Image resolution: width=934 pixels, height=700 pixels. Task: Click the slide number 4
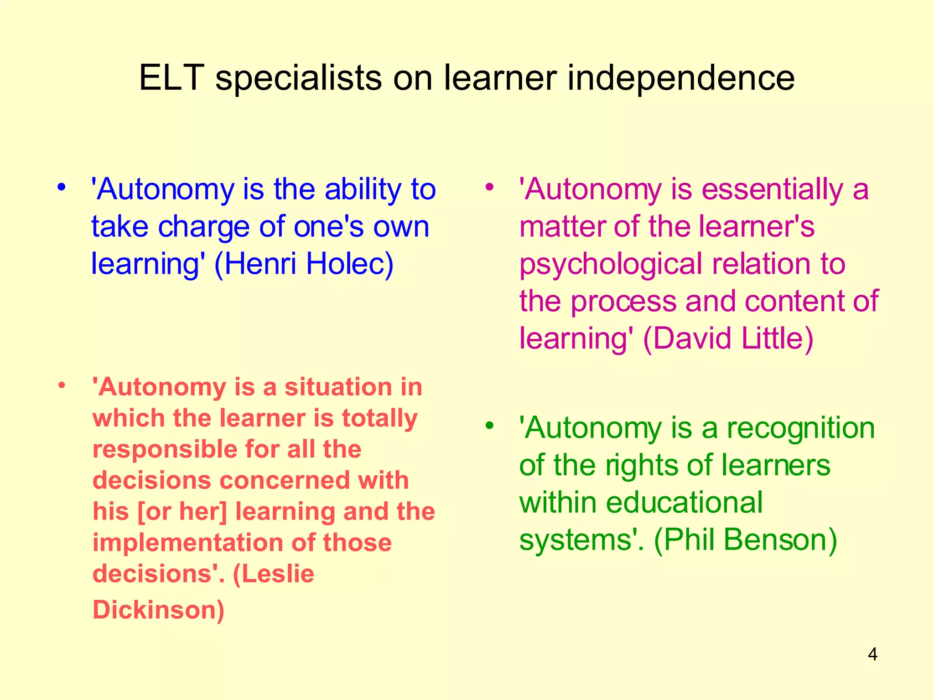click(x=872, y=654)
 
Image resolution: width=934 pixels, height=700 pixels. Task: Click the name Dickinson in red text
click(x=158, y=610)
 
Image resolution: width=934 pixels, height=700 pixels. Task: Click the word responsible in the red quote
click(x=165, y=449)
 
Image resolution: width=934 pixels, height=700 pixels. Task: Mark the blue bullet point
click(x=62, y=187)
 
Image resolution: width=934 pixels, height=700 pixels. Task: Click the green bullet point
click(x=490, y=426)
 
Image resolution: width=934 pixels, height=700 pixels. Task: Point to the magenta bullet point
click(x=490, y=187)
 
